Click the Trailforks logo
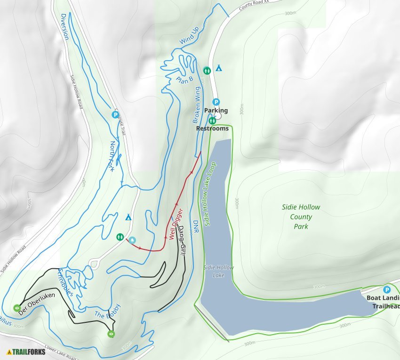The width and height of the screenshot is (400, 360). coord(26,352)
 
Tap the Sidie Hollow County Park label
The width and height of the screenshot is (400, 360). coord(301,217)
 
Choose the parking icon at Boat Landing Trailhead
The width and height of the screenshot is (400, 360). coord(387,290)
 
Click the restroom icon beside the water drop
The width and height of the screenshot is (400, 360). coord(120,237)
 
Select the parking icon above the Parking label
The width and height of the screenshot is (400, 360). coord(216,102)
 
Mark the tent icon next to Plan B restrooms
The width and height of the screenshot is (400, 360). coord(218,68)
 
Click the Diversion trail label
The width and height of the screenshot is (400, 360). coord(64,26)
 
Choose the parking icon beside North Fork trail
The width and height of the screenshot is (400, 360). coord(115,114)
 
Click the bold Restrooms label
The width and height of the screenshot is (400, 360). coord(212,128)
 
